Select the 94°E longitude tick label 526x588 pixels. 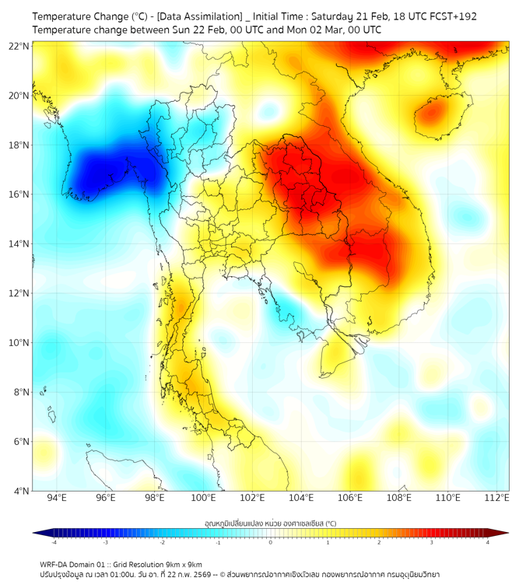[x=57, y=498]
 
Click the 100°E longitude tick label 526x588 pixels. [x=203, y=498]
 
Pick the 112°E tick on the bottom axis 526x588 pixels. [x=496, y=498]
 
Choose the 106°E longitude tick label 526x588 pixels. [x=350, y=498]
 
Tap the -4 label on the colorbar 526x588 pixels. [x=54, y=541]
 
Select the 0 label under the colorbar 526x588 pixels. [x=271, y=541]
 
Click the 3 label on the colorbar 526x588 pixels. [x=433, y=541]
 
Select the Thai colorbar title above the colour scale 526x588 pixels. [x=270, y=523]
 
